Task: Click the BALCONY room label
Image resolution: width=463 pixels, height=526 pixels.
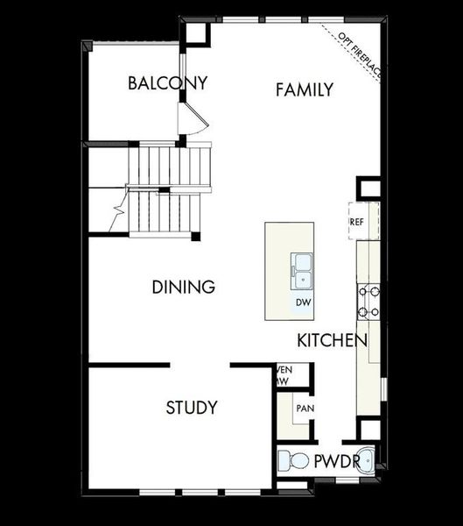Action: point(167,84)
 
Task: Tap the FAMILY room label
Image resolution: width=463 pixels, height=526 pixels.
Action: point(304,89)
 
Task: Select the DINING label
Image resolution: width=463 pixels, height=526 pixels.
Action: point(183,288)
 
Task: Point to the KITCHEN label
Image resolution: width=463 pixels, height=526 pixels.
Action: point(331,340)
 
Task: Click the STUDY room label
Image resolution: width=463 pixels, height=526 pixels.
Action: point(192,408)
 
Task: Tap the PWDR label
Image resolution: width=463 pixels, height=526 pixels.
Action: point(337,461)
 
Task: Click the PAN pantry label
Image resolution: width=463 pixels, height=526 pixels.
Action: point(304,409)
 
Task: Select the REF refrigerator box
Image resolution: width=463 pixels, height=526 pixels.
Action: point(357,222)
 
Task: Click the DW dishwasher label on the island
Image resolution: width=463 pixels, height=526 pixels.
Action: point(303,303)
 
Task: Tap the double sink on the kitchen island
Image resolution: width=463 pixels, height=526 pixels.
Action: point(303,270)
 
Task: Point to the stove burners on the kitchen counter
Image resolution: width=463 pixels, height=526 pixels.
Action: point(368,302)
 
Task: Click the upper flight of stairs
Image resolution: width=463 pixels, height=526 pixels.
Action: point(171,167)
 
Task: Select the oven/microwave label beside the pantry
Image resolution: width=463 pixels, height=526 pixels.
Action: point(283,375)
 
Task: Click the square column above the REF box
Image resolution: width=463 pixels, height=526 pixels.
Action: point(368,188)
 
